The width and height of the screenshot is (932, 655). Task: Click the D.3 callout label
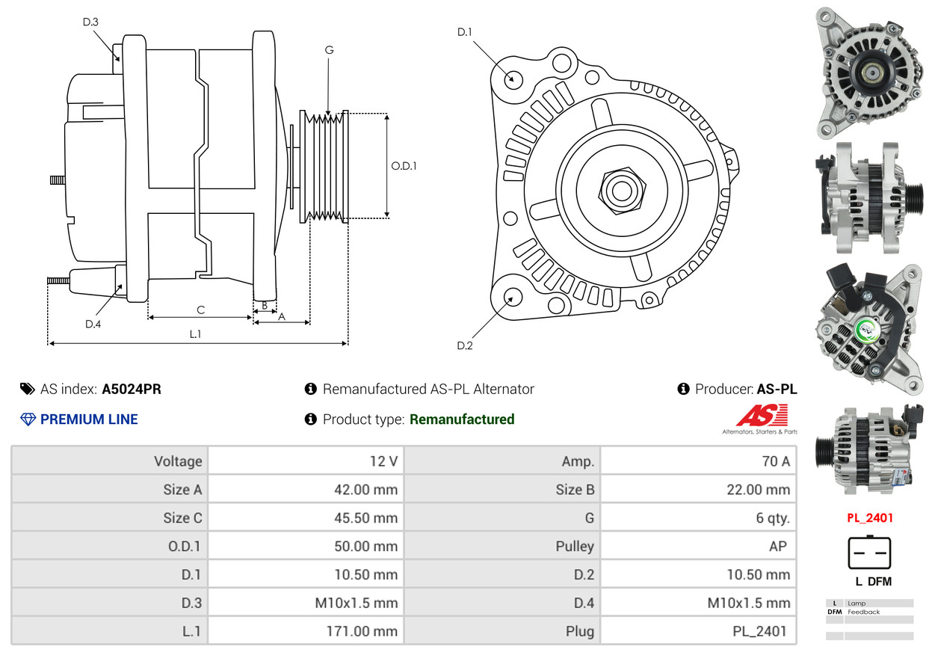click(x=90, y=22)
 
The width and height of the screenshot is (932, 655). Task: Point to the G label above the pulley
click(x=329, y=50)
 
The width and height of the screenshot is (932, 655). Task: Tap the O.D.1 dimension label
click(x=404, y=166)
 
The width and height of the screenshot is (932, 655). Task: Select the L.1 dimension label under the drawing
click(x=195, y=334)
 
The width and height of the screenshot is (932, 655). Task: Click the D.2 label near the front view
click(x=465, y=345)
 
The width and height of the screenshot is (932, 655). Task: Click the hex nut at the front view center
click(x=620, y=189)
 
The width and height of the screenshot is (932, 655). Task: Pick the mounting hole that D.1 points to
click(x=513, y=79)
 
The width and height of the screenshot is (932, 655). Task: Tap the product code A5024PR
click(x=132, y=389)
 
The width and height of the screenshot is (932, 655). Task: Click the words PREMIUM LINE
click(x=89, y=419)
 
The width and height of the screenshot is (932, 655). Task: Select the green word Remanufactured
click(x=462, y=419)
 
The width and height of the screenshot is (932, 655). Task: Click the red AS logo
click(x=762, y=416)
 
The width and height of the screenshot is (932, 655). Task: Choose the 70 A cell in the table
click(x=775, y=461)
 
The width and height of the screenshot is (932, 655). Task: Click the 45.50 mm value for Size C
click(x=365, y=517)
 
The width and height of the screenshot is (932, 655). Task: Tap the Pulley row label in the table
click(x=575, y=546)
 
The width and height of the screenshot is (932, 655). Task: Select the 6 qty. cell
click(x=773, y=517)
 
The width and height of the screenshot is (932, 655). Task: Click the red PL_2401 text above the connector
click(x=869, y=517)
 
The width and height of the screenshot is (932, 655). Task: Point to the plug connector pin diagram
click(x=869, y=554)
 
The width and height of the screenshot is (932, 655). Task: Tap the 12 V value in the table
click(x=383, y=461)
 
